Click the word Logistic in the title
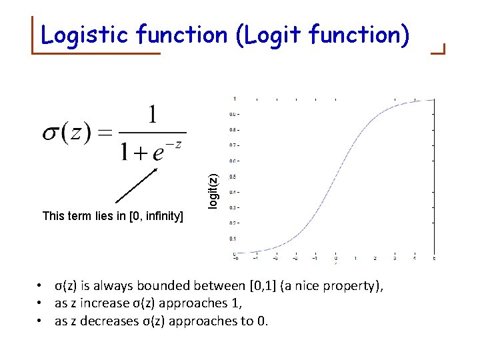(85, 34)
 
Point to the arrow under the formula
(137, 185)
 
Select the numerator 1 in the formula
(153, 116)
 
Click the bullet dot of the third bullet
(41, 321)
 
